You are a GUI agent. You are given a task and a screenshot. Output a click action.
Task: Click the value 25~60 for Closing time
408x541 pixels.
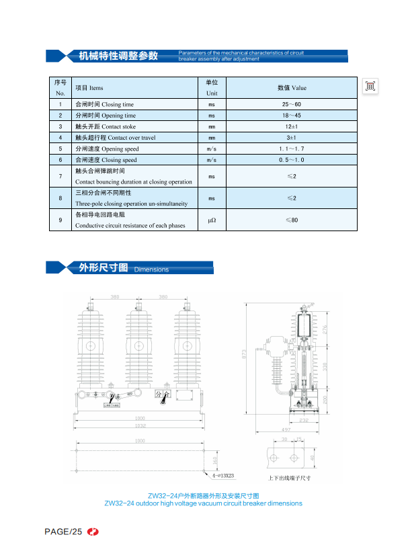click(291, 104)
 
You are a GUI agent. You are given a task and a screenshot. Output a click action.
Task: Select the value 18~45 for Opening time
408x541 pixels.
click(291, 116)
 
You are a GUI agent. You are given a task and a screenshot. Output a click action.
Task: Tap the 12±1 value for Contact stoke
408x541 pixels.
click(291, 126)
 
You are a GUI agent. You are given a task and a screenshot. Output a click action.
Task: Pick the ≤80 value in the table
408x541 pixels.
click(291, 220)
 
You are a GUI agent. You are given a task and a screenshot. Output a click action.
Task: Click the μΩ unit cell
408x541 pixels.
click(211, 220)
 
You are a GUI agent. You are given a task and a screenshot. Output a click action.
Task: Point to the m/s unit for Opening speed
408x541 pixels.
click(211, 149)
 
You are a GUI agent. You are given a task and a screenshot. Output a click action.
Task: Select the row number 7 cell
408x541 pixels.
click(60, 176)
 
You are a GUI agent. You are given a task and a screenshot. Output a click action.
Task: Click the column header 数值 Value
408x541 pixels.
click(291, 87)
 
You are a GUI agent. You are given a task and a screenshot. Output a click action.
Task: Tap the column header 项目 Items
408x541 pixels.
click(89, 87)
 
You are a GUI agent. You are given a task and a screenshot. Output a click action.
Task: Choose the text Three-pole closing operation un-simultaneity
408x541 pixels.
click(131, 203)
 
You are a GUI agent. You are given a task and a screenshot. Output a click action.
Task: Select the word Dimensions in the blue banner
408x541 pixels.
click(151, 269)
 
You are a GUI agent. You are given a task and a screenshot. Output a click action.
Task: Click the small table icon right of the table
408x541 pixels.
click(370, 86)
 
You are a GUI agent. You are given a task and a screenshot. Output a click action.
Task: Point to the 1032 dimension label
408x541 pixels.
click(140, 426)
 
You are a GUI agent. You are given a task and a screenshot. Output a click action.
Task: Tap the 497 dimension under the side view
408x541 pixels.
click(286, 429)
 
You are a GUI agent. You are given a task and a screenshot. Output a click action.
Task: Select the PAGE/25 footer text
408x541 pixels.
click(63, 532)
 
